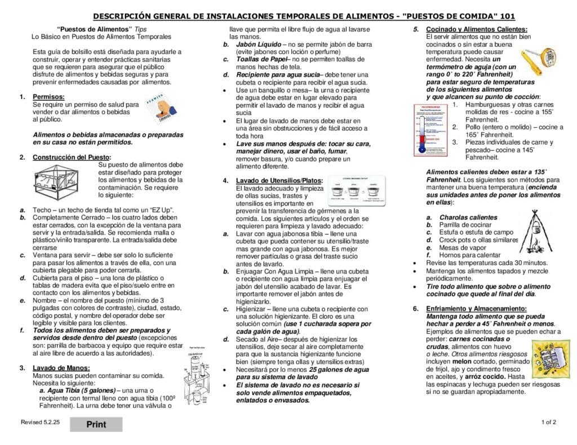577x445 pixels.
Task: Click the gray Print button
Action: (96, 424)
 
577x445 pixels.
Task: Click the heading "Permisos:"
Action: (48, 97)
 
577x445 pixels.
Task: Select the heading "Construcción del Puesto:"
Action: (72, 157)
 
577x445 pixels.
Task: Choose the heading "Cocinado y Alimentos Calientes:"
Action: (477, 29)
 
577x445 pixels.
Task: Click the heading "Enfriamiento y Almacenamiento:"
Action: (476, 308)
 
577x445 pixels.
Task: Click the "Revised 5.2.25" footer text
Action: (39, 422)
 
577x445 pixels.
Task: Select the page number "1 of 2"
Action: (549, 422)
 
